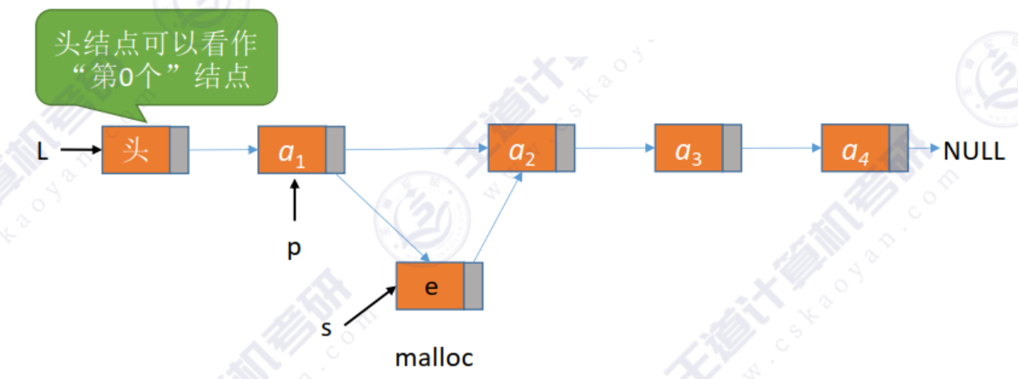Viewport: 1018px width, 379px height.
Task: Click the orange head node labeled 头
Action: pos(135,150)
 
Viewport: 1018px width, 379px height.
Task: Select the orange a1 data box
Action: pos(292,150)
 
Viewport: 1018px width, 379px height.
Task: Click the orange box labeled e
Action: pos(430,286)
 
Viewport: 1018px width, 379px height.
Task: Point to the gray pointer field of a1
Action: pos(335,150)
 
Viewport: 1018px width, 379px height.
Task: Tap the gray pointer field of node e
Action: pos(473,286)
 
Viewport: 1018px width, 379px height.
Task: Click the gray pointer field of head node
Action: pos(179,150)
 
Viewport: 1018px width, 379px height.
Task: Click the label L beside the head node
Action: pos(43,150)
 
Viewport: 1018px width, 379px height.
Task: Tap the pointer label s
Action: pos(326,329)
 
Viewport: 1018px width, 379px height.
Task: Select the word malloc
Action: pos(434,356)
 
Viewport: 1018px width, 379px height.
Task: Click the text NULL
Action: pos(974,150)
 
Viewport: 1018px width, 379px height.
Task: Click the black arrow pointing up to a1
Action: pos(295,201)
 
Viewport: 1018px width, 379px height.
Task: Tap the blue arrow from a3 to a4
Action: pos(780,148)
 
